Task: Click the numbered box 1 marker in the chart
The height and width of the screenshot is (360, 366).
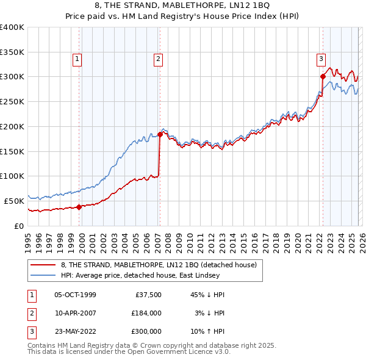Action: (78, 59)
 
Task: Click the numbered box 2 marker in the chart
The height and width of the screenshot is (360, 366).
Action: (158, 59)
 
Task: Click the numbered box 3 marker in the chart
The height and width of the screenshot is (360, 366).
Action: (321, 59)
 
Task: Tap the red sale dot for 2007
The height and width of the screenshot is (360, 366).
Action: (160, 134)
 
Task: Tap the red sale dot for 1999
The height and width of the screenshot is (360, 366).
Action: (79, 207)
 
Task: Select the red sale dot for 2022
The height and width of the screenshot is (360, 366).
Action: (323, 76)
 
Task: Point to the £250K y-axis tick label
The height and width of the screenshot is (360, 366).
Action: (12, 101)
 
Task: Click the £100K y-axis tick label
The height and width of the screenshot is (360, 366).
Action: (12, 176)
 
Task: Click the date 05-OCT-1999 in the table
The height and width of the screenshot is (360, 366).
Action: (75, 295)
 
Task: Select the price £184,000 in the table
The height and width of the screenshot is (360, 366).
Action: (146, 313)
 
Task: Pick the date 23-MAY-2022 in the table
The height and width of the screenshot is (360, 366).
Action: (75, 331)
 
